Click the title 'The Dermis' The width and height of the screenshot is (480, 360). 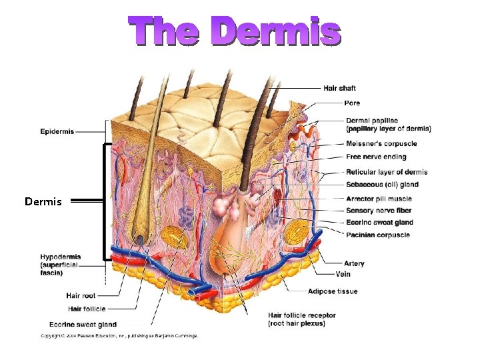point(235,32)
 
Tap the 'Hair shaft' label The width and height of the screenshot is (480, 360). point(339,88)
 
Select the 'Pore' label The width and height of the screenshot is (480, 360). point(352,103)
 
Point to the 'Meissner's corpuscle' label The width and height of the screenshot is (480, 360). point(381,143)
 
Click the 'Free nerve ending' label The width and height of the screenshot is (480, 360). point(376,157)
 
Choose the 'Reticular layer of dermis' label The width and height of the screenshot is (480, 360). point(387,172)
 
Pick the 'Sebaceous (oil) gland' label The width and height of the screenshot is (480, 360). point(382,185)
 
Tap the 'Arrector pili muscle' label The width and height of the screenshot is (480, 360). point(379,199)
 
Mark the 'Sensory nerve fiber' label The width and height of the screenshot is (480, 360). point(379,211)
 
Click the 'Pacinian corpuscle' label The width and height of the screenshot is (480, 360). point(377,235)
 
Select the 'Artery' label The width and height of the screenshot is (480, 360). point(354,263)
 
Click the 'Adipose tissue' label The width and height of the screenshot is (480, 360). point(333,291)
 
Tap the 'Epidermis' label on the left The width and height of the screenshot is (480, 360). point(57,131)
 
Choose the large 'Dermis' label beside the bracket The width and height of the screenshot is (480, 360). point(43,201)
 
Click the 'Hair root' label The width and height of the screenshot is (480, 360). point(82,295)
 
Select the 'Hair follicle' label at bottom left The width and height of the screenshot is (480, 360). point(87,309)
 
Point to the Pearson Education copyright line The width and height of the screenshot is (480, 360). point(119,335)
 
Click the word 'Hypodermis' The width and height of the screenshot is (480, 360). point(60,257)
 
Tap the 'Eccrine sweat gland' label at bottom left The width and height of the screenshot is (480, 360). point(79,325)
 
